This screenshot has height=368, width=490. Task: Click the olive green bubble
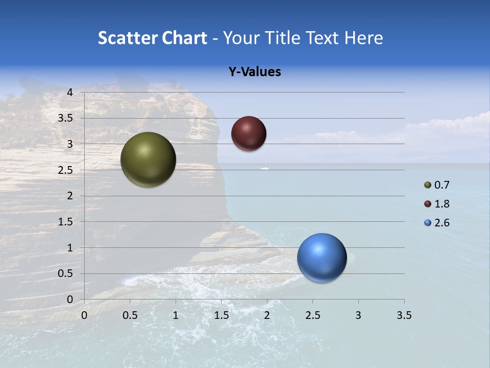click(x=148, y=159)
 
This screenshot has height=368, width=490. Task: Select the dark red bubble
click(x=249, y=133)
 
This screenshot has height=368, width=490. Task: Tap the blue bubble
click(x=322, y=258)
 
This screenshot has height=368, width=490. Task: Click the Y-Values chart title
click(x=255, y=72)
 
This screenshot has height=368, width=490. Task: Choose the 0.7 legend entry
click(x=437, y=185)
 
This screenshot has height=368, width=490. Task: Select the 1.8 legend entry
click(x=437, y=204)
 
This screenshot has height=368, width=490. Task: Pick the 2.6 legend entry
click(x=437, y=223)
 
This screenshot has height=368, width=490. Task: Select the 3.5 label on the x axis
click(x=404, y=315)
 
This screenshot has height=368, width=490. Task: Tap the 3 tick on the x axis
click(x=358, y=315)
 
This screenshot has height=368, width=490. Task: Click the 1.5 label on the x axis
click(x=221, y=315)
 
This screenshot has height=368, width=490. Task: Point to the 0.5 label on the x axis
click(x=130, y=315)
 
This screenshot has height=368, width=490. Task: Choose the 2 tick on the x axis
click(x=267, y=315)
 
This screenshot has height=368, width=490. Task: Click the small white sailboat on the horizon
click(x=264, y=167)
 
